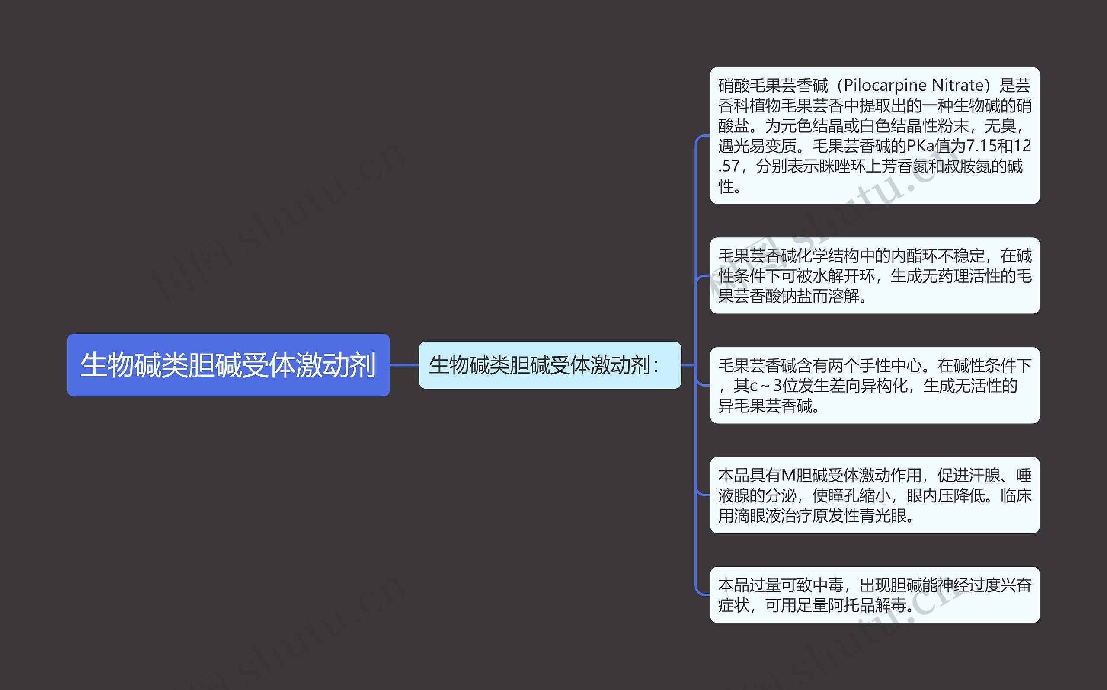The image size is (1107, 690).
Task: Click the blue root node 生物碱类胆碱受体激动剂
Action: tap(228, 365)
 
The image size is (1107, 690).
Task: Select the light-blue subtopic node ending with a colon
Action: tap(550, 365)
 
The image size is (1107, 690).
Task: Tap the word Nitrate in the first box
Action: tap(958, 85)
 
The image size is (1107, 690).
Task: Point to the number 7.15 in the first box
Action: tap(982, 146)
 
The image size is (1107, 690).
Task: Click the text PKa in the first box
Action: tap(920, 146)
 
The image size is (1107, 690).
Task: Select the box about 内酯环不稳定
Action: tap(874, 276)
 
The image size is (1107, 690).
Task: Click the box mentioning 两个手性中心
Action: tap(874, 385)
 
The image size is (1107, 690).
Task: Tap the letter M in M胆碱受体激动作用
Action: tap(788, 476)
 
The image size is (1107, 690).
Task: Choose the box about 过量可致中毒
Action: tap(874, 594)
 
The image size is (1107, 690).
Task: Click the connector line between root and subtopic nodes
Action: tap(404, 365)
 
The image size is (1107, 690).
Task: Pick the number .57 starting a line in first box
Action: tap(729, 166)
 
